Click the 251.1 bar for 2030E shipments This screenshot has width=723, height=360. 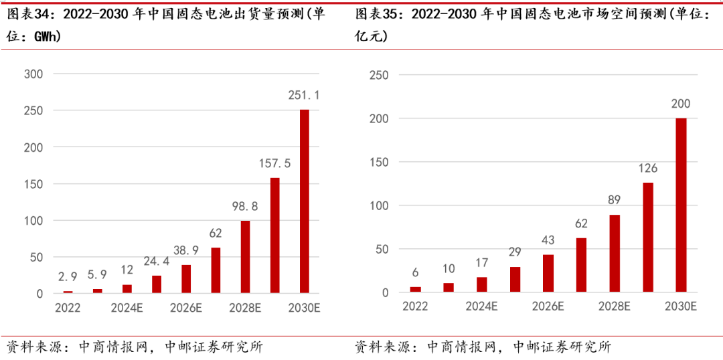pyautogui.click(x=305, y=201)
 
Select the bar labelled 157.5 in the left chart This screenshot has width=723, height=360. pyautogui.click(x=274, y=235)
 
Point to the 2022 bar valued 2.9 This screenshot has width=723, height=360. pyautogui.click(x=68, y=292)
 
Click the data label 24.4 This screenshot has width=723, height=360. pyautogui.click(x=156, y=262)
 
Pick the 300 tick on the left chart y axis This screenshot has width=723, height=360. pyautogui.click(x=33, y=74)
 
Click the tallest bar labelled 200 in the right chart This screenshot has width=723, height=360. pyautogui.click(x=681, y=205)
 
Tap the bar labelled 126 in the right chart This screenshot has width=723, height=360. pyautogui.click(x=648, y=237)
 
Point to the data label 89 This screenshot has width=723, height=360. pyautogui.click(x=614, y=201)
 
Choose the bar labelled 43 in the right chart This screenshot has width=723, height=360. pyautogui.click(x=548, y=273)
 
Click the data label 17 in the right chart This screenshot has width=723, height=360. pyautogui.click(x=481, y=263)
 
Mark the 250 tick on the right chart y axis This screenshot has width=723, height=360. pyautogui.click(x=380, y=75)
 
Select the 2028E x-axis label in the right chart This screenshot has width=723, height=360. pyautogui.click(x=615, y=306)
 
